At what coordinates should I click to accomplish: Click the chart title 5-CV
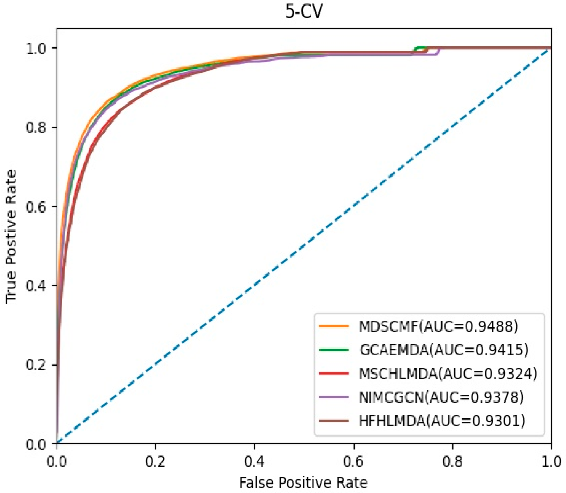[x=303, y=12]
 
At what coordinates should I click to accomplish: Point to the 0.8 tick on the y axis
[x=36, y=127]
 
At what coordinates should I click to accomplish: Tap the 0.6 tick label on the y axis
[x=36, y=207]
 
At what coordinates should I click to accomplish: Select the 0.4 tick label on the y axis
[x=36, y=286]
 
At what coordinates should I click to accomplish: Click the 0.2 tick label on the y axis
[x=36, y=365]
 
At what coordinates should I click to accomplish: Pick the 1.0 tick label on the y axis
[x=36, y=48]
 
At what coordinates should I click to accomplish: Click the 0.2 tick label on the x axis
[x=155, y=462]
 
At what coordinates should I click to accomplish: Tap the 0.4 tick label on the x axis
[x=254, y=462]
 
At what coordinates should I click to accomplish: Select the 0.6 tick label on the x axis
[x=353, y=462]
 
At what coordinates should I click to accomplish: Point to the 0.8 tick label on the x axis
[x=452, y=462]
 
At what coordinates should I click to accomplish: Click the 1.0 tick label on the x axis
[x=551, y=462]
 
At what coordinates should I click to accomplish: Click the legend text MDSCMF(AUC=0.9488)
[x=438, y=326]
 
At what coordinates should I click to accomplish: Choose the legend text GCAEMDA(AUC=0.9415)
[x=444, y=350]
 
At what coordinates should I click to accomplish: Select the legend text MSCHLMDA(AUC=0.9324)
[x=448, y=374]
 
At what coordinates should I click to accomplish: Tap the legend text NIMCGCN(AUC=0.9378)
[x=441, y=397]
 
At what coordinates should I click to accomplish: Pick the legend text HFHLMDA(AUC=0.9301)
[x=442, y=421]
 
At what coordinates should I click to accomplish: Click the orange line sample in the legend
[x=334, y=326]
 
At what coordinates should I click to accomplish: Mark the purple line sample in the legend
[x=334, y=397]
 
